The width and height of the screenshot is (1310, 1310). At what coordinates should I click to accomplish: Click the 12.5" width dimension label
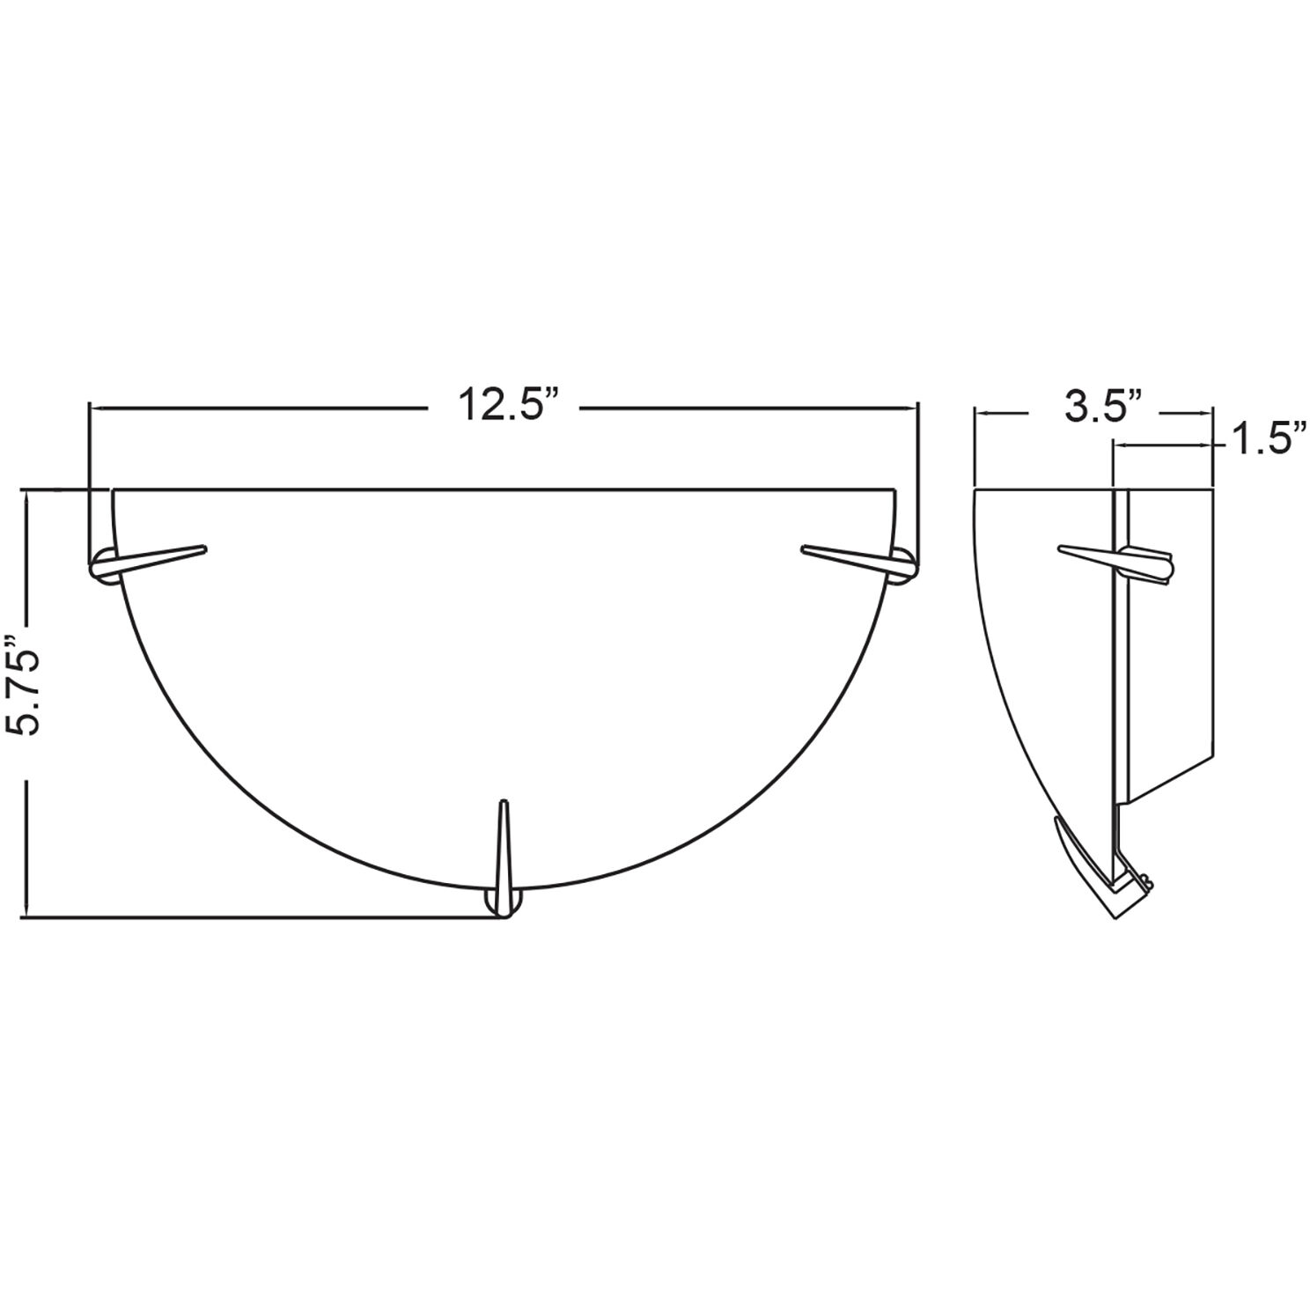coord(507,407)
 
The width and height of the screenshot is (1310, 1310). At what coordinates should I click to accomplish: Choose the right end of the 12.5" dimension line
coord(916,408)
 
